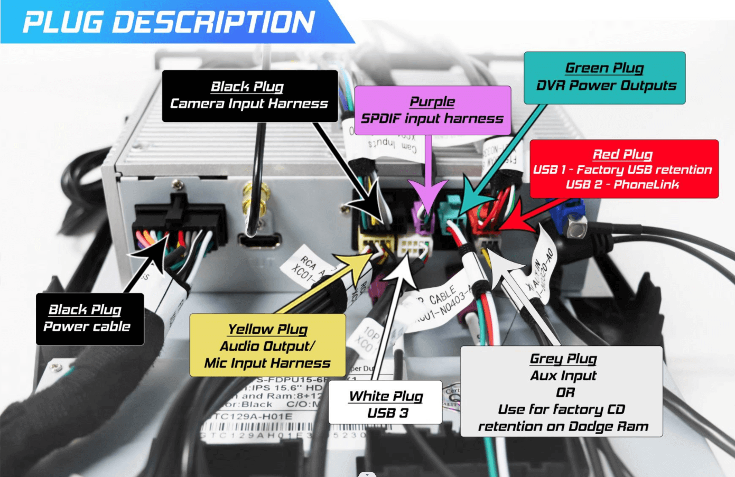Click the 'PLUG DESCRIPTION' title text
point(169,22)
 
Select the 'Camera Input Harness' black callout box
point(249,96)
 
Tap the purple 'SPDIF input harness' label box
point(432,110)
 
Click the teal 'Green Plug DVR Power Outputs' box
point(604,78)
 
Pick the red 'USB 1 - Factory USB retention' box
point(624,169)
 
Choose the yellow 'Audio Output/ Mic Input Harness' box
point(267,345)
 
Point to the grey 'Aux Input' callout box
point(562,391)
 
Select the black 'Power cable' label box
point(89,319)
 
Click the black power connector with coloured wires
point(177,227)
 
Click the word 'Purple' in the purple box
point(432,101)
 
